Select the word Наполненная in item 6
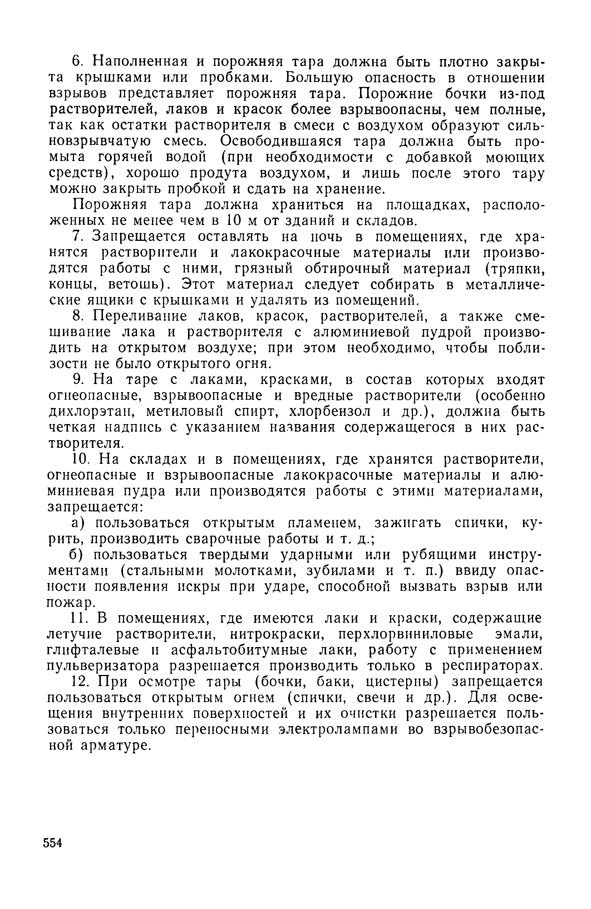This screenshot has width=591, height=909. click(x=139, y=62)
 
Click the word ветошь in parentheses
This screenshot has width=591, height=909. click(x=130, y=285)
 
